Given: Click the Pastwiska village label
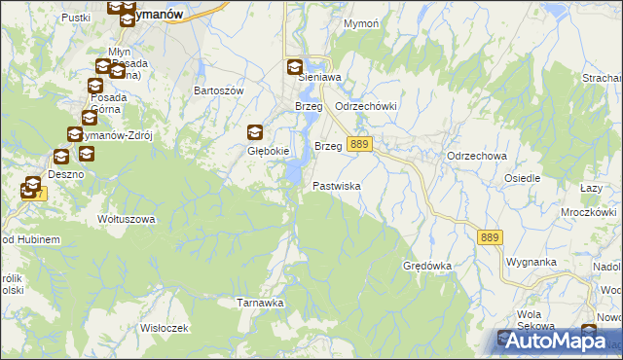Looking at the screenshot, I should click(x=337, y=186).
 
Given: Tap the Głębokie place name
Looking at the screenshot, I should click(x=264, y=151).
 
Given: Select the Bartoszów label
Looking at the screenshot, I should click(x=218, y=90).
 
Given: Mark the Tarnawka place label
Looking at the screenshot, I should click(x=260, y=303).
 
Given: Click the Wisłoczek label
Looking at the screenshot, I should click(x=164, y=328).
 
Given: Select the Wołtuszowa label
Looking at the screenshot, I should click(x=127, y=219).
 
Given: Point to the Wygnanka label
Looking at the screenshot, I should click(x=531, y=262).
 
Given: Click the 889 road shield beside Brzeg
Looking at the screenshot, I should click(x=359, y=144).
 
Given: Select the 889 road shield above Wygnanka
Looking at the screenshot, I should click(x=491, y=236).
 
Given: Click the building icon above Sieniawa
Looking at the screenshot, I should click(x=294, y=67).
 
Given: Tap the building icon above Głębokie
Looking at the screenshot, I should click(x=255, y=133).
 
